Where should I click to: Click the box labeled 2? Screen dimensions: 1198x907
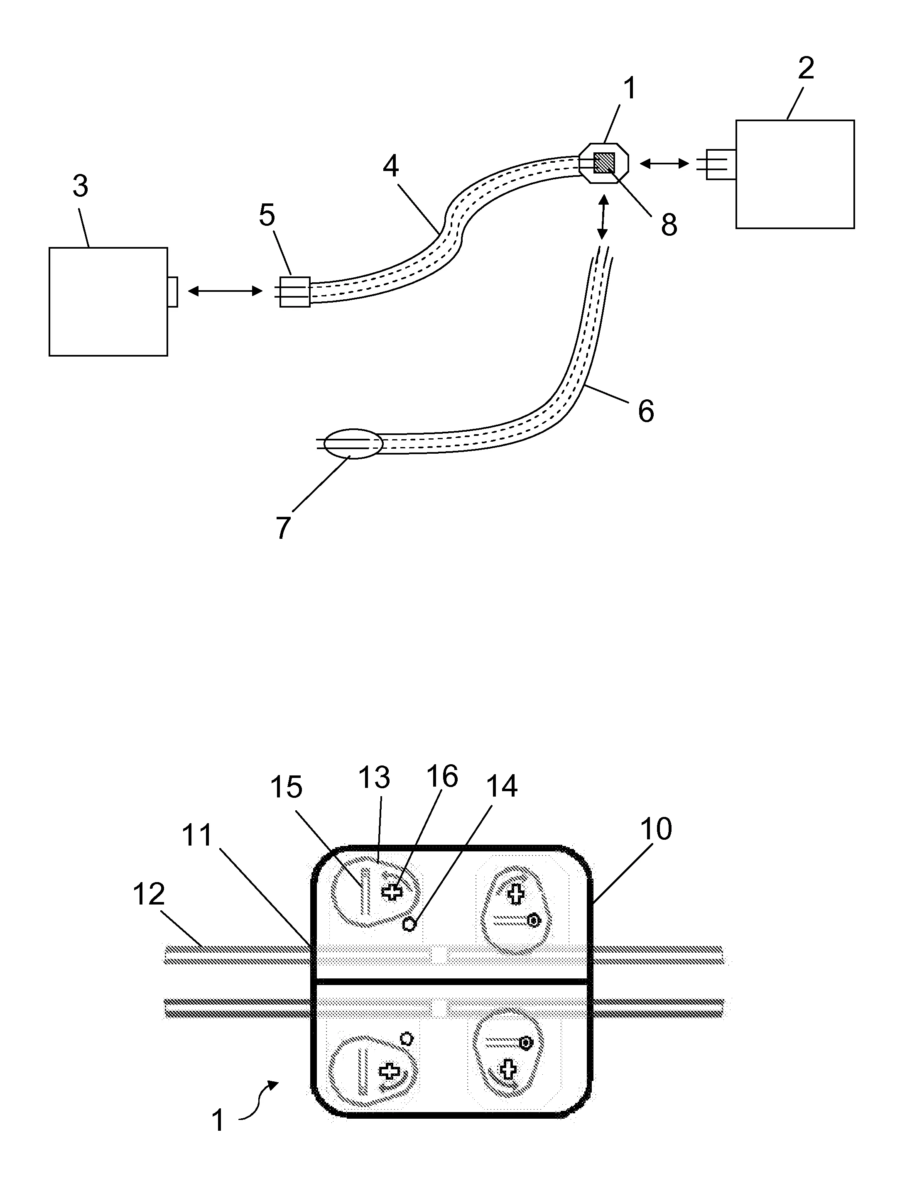(x=794, y=174)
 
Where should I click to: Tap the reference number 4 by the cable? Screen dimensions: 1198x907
(x=391, y=166)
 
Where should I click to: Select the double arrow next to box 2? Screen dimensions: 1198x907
(x=664, y=162)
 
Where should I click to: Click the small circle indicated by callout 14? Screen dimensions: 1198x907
(x=409, y=924)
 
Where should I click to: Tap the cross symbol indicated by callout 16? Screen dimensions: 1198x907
(x=392, y=892)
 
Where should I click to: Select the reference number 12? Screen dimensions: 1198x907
(x=148, y=894)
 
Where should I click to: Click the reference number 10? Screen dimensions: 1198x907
(x=656, y=829)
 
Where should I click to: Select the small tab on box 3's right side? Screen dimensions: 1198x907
(x=172, y=292)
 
